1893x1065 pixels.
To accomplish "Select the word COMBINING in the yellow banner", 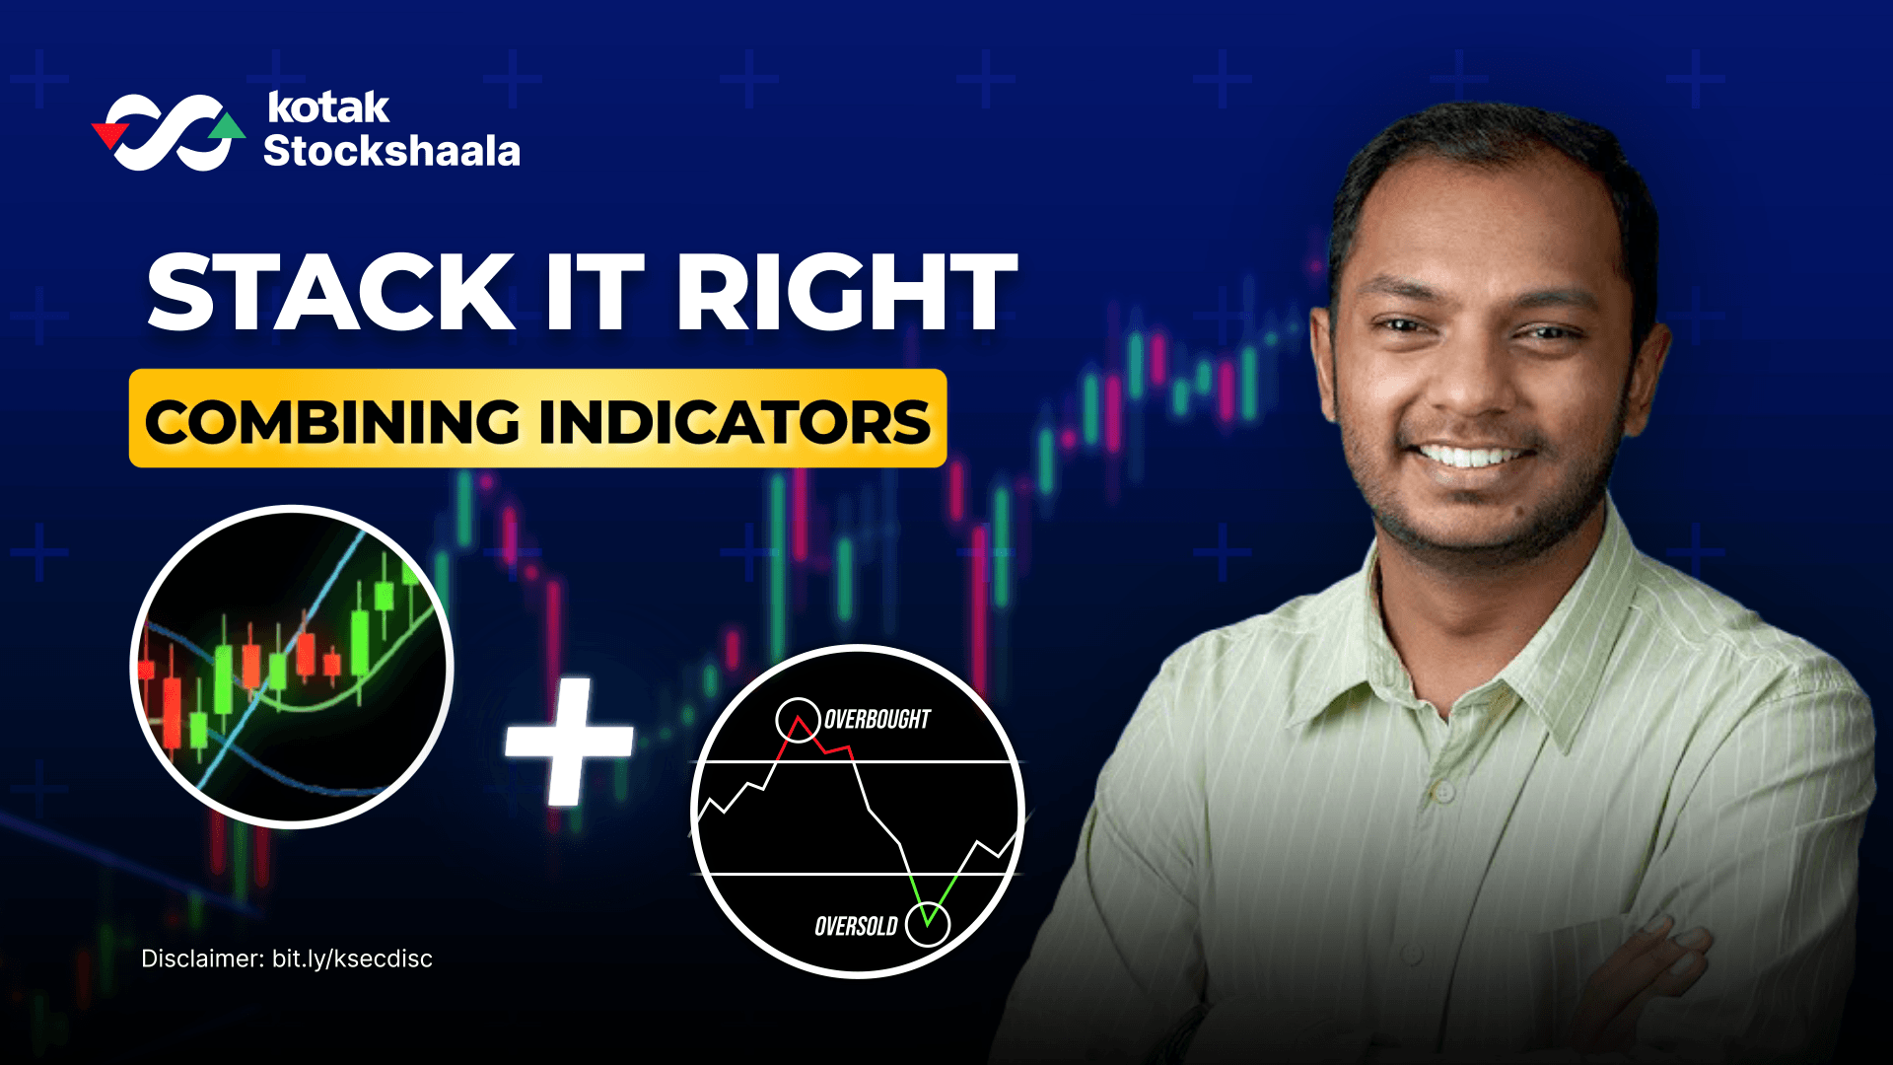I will point(332,422).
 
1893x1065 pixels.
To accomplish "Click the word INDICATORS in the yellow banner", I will point(735,422).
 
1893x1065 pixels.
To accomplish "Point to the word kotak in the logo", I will point(328,107).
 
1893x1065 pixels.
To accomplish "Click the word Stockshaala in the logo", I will point(391,151).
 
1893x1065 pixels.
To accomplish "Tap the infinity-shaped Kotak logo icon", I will point(168,132).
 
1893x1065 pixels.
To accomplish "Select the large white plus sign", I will point(569,742).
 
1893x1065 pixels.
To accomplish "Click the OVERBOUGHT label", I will point(876,720).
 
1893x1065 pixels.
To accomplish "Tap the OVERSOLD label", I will point(856,926).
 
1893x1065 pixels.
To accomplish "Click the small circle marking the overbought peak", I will point(798,720).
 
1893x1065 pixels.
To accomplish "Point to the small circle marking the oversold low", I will point(927,924).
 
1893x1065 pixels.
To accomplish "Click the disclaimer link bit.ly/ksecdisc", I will point(352,958).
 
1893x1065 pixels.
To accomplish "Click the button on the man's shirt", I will point(1444,790).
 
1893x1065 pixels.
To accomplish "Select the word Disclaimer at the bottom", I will point(202,958).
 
